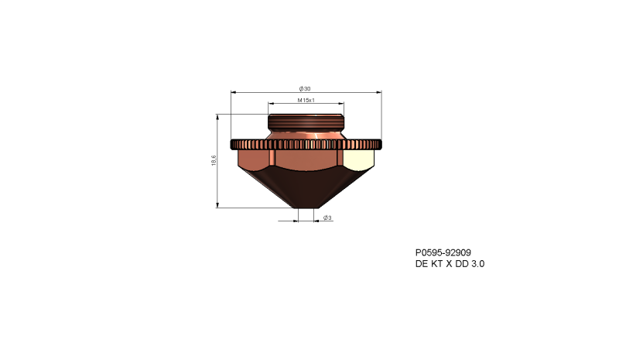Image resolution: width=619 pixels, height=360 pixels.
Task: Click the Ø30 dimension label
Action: (x=305, y=87)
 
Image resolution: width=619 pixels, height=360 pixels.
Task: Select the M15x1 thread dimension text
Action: (x=306, y=100)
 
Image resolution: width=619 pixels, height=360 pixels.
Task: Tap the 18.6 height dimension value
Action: (x=213, y=161)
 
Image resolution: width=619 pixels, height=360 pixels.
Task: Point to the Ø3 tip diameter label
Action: (x=327, y=218)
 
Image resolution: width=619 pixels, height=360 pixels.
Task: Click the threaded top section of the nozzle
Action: (x=306, y=123)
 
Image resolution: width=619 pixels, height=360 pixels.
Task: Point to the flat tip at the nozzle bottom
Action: (x=306, y=207)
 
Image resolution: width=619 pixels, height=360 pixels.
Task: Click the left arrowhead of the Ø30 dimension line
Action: (x=233, y=92)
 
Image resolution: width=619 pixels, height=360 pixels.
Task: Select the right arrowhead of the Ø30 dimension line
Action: (x=379, y=92)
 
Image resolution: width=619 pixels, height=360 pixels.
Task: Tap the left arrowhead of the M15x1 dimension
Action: (x=270, y=104)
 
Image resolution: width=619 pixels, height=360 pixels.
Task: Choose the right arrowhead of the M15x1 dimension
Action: (x=342, y=104)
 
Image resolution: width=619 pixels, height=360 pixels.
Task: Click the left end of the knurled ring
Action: (x=233, y=144)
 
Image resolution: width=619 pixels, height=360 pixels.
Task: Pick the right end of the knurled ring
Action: (x=379, y=144)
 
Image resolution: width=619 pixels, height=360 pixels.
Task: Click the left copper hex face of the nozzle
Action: (x=254, y=161)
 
